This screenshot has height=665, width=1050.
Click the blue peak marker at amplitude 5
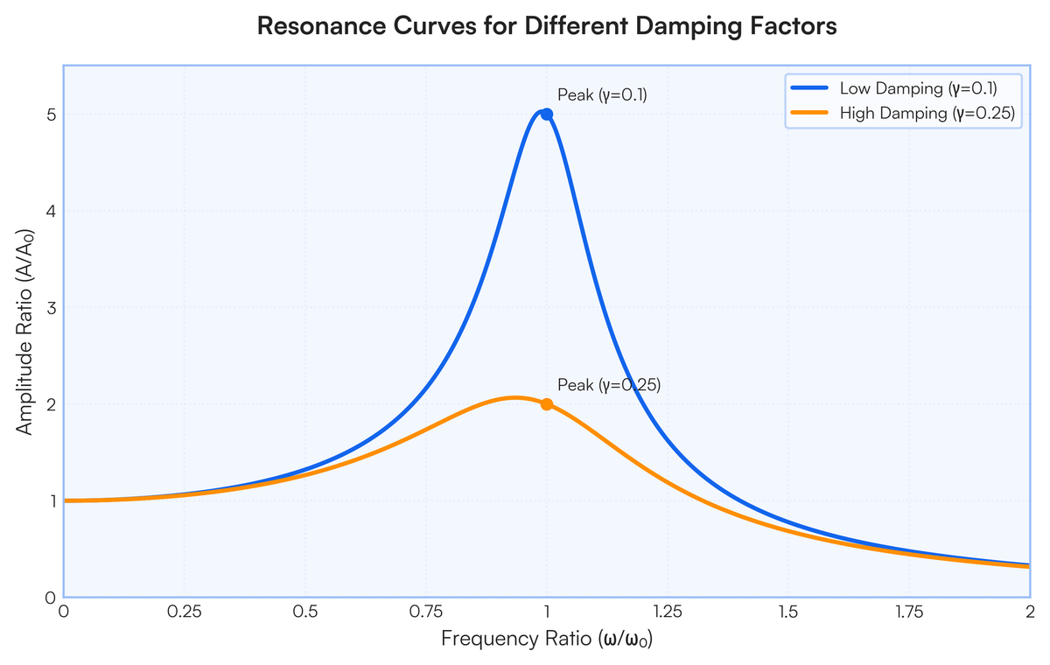pos(547,115)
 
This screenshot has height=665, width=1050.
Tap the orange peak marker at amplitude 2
pos(547,404)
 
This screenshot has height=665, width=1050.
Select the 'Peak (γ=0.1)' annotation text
pos(602,95)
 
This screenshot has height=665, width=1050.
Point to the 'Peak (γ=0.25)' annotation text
pos(609,385)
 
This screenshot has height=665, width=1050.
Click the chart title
pos(547,25)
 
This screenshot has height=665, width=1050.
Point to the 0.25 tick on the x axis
pos(185,612)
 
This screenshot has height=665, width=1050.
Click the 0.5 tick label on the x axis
pos(305,612)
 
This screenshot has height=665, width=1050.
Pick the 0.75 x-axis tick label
pos(425,612)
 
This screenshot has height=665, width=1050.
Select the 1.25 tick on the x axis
pos(668,612)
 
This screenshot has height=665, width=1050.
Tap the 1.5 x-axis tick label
pos(788,612)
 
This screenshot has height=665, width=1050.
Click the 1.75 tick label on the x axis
pos(909,612)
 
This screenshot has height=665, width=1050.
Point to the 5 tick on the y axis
pos(51,115)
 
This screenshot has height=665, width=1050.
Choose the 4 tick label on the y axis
pos(51,211)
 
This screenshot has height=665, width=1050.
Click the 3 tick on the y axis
pos(51,307)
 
